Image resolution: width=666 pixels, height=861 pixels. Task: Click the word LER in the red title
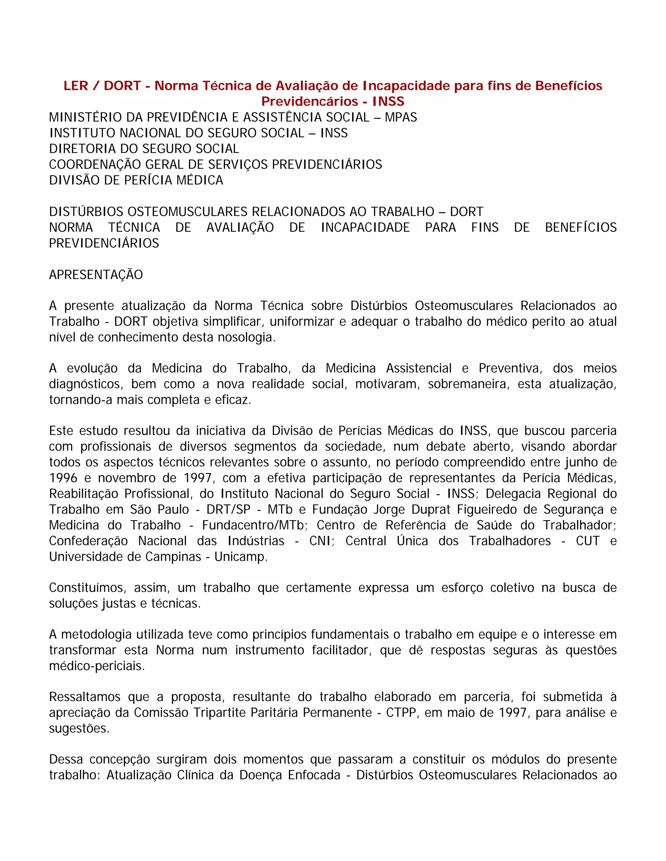tap(75, 86)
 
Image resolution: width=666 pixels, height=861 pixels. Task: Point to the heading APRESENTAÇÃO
tap(96, 275)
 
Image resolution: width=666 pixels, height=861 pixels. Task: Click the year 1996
tap(63, 478)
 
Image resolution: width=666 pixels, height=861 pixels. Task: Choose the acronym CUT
tap(588, 541)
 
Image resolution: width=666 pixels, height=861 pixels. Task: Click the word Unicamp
tap(241, 557)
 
